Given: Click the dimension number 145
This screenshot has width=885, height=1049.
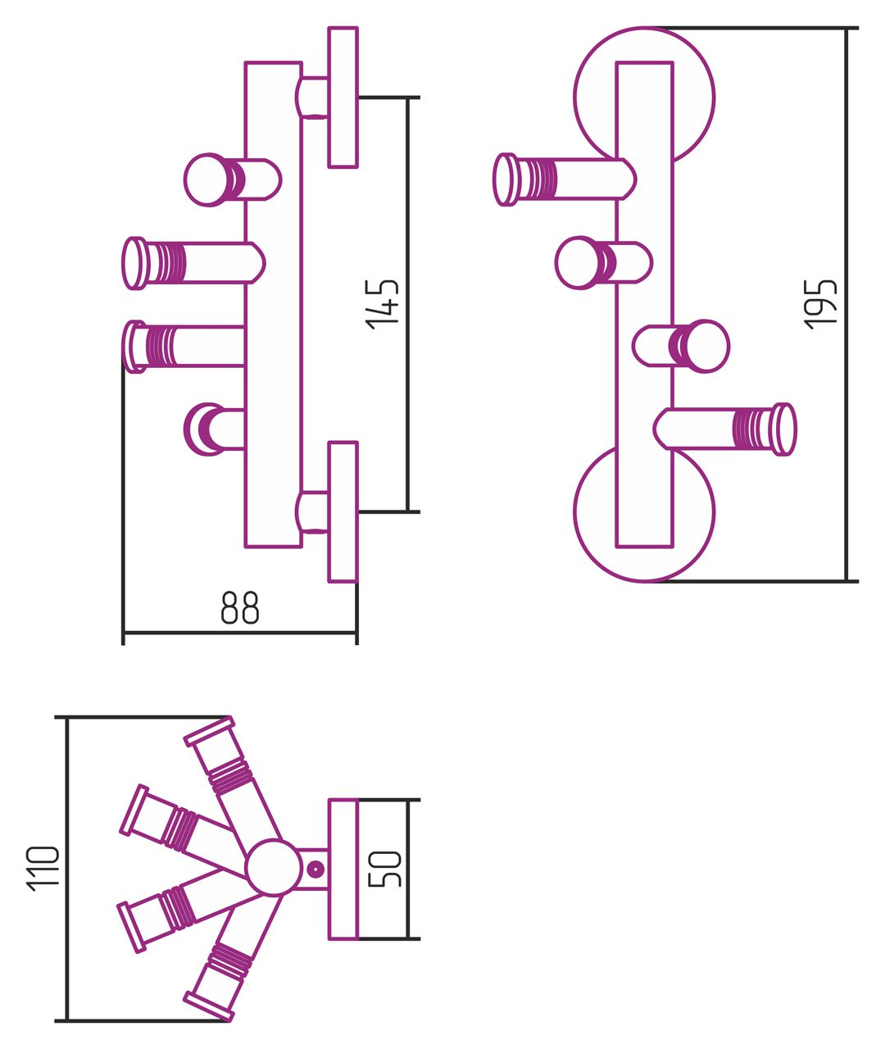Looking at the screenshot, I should [384, 304].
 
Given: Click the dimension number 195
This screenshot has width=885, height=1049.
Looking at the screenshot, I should [822, 304].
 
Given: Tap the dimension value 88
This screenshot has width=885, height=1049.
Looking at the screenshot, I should [240, 608].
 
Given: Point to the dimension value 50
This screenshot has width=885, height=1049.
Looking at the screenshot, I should [385, 869].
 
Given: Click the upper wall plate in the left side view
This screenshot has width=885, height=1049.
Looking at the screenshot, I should [343, 97].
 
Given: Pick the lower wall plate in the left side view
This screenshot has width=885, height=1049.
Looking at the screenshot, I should [343, 512].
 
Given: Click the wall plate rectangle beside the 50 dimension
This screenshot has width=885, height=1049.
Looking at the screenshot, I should [343, 869].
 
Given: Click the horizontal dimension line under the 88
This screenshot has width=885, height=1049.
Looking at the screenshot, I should [240, 633].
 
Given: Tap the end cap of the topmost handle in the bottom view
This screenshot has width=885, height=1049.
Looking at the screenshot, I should [210, 731].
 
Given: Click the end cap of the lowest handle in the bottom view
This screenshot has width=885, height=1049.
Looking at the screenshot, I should [208, 1006].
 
